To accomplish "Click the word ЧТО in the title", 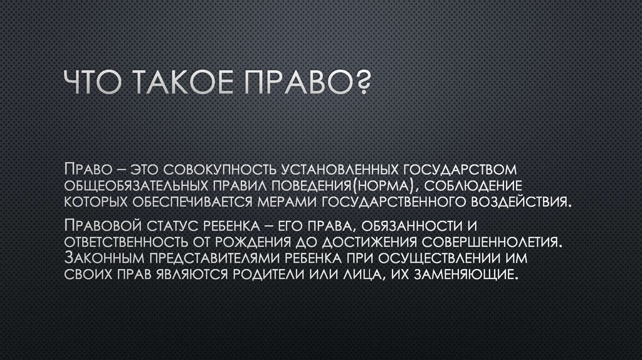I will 95,84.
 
